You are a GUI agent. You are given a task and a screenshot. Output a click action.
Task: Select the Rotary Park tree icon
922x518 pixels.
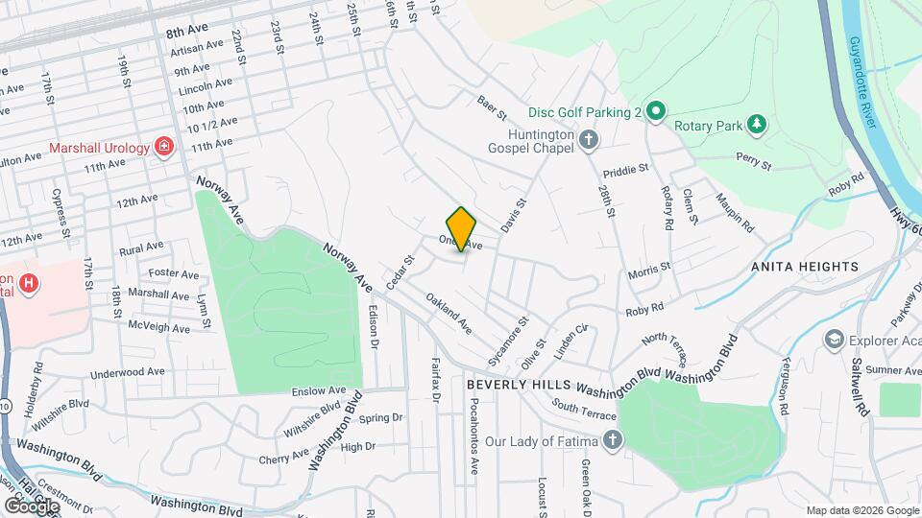(758, 124)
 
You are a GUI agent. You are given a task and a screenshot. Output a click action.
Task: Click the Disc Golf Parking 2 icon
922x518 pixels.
(655, 112)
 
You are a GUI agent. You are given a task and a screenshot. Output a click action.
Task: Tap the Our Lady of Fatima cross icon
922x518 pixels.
(613, 441)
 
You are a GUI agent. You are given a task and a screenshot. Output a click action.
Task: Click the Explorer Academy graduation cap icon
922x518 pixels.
(834, 339)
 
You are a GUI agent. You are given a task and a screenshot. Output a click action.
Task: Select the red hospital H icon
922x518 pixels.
(30, 284)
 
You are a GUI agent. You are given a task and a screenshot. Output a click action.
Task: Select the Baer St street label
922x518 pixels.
(493, 107)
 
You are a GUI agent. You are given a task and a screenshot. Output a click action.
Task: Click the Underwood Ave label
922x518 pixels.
(128, 372)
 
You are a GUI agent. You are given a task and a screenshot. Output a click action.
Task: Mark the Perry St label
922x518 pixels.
(754, 161)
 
